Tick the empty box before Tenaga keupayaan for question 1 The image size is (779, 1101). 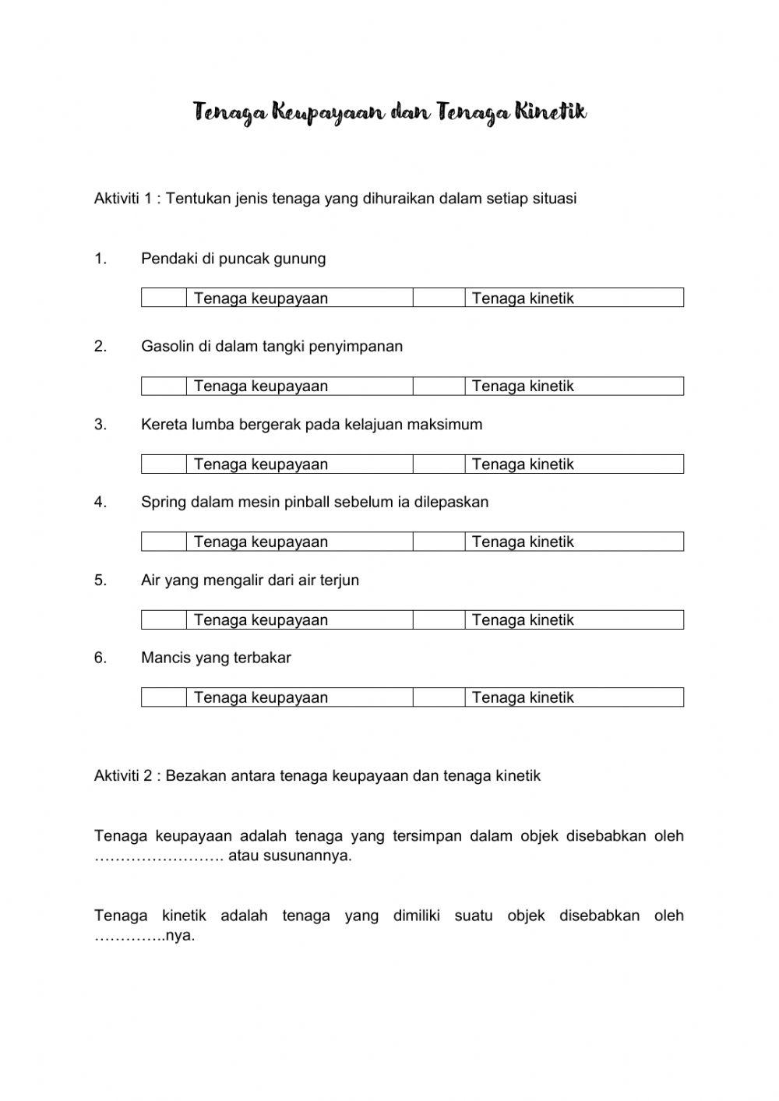pyautogui.click(x=164, y=298)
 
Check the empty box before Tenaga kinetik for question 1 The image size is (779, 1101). pyautogui.click(x=439, y=298)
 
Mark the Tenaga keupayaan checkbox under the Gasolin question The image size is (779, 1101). pyautogui.click(x=164, y=386)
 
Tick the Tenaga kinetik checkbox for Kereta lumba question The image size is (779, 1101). pyautogui.click(x=439, y=464)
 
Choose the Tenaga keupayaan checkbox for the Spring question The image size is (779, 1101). pyautogui.click(x=164, y=542)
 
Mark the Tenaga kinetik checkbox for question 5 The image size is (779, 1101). pyautogui.click(x=439, y=619)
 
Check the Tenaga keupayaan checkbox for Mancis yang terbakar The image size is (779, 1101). pyautogui.click(x=164, y=697)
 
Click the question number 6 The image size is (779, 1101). pyautogui.click(x=100, y=658)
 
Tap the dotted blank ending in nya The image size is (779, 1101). pyautogui.click(x=129, y=936)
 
